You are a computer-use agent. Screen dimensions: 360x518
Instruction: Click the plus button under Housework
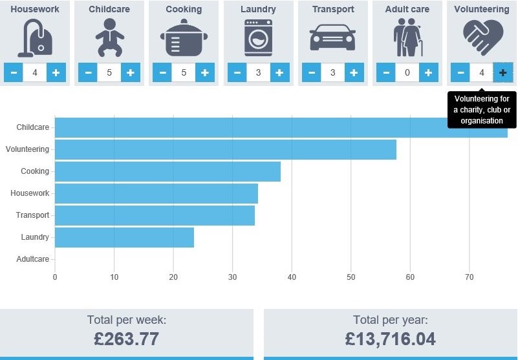pos(56,72)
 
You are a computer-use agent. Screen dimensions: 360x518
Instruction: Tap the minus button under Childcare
pos(88,72)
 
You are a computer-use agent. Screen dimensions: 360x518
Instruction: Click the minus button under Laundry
pos(237,72)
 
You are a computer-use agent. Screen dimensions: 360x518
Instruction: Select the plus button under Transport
pos(354,72)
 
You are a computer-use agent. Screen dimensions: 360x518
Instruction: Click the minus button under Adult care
pos(386,72)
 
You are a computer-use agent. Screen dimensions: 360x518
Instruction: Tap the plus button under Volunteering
pos(502,72)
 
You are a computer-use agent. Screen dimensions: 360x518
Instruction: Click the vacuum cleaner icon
pos(34,37)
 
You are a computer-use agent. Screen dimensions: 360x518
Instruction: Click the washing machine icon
pos(258,37)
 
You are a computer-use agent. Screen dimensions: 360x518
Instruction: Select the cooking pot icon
pos(184,39)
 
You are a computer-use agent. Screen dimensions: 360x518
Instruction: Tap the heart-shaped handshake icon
pos(481,37)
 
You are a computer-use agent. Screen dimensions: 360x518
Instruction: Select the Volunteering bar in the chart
pos(225,149)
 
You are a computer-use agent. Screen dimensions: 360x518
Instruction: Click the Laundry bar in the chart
pos(124,237)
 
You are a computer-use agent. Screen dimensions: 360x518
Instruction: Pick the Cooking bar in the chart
pos(167,171)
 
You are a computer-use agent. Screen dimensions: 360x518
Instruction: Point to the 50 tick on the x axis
pos(351,277)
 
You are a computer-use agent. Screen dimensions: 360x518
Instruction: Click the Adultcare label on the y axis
pos(32,259)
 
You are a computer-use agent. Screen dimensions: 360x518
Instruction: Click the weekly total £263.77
pos(126,338)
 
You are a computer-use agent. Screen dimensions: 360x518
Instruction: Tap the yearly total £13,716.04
pos(390,338)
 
